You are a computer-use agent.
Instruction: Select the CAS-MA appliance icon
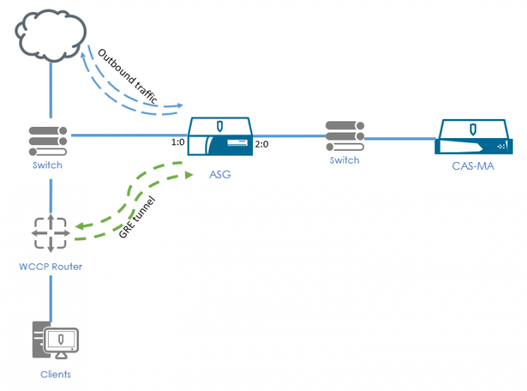tap(472, 136)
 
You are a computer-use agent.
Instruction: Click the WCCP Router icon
tap(50, 232)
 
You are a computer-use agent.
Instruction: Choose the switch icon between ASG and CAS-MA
tap(344, 136)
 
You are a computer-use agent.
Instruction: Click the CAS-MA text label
tap(472, 166)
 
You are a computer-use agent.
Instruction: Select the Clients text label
tap(56, 373)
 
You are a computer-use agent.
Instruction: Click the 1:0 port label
tap(178, 142)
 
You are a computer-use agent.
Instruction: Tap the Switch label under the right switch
tap(344, 160)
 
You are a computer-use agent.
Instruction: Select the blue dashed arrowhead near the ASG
tap(180, 106)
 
